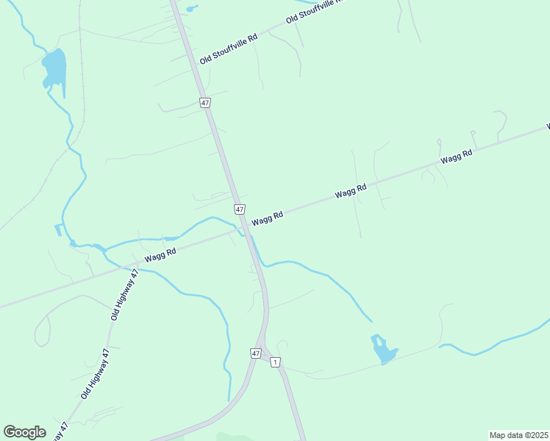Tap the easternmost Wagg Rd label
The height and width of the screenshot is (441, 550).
tap(456, 154)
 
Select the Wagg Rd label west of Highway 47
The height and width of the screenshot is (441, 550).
tap(160, 254)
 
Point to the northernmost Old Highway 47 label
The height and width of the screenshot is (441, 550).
tap(124, 295)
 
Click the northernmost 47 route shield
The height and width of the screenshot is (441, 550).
tap(204, 103)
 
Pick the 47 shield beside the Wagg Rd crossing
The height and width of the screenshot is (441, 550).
tap(240, 209)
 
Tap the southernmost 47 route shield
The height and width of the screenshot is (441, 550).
tap(255, 354)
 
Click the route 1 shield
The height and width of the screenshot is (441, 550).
tap(275, 362)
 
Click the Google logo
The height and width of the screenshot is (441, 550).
tap(24, 431)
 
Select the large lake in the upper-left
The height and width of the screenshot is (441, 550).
tap(54, 68)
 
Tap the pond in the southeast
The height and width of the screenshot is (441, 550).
tap(382, 350)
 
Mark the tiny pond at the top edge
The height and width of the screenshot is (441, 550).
tap(192, 9)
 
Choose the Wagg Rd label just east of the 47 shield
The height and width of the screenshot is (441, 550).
tap(267, 219)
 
